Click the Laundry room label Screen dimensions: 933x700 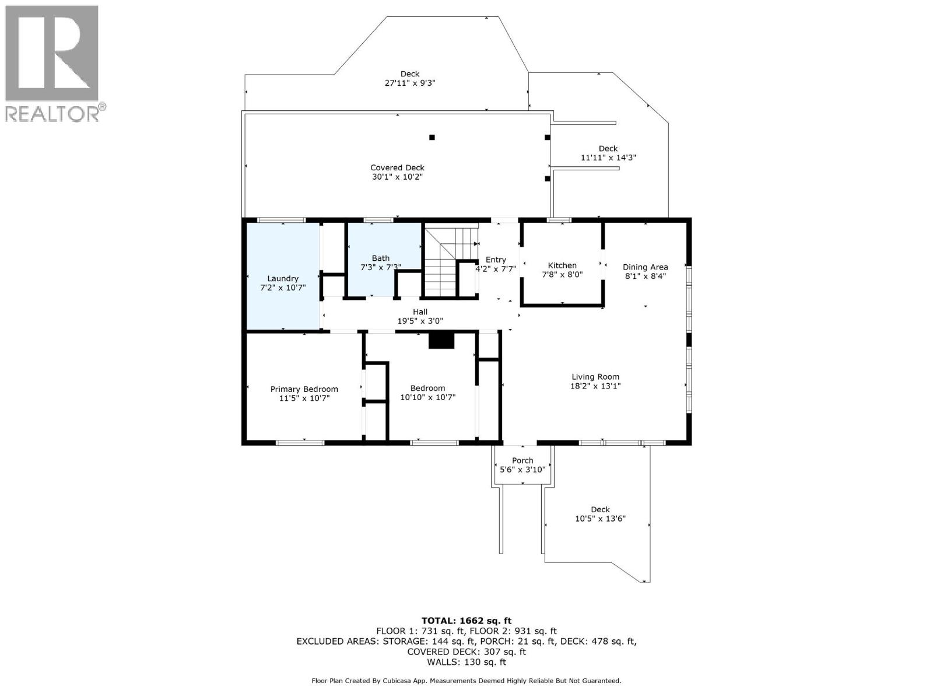(283, 279)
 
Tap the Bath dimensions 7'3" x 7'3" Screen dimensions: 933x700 (380, 267)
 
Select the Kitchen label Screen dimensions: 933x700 (562, 265)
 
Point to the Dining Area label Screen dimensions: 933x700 (646, 267)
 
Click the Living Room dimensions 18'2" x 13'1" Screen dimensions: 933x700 (595, 386)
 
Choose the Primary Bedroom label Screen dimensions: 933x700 (304, 389)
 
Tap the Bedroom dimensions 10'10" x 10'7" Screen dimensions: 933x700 (428, 397)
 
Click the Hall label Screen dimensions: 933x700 (420, 312)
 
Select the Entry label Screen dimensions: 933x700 (496, 260)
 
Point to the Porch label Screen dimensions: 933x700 (522, 460)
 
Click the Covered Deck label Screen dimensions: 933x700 (398, 168)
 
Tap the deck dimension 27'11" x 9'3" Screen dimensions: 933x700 (410, 83)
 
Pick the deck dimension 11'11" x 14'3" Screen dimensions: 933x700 (608, 157)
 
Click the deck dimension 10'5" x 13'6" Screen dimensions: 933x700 (600, 519)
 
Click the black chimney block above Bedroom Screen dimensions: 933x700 (441, 341)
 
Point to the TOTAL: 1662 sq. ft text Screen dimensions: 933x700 (466, 621)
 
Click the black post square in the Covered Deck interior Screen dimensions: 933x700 (432, 137)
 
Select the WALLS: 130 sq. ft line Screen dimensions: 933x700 (466, 661)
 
